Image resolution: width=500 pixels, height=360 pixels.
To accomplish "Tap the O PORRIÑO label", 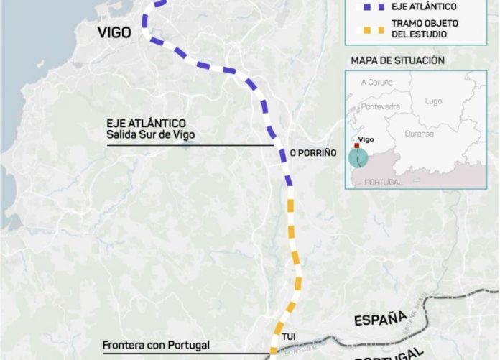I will (312, 153).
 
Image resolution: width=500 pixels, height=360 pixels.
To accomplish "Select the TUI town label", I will (289, 336).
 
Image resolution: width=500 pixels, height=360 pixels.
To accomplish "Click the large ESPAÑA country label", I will (380, 319).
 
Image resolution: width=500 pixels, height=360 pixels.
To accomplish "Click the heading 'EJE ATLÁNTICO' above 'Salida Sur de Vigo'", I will (146, 124).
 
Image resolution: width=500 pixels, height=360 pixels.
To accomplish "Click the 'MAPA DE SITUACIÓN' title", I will (397, 60).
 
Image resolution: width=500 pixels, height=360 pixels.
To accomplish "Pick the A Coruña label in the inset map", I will (377, 83).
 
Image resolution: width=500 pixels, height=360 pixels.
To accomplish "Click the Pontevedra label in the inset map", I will (380, 106).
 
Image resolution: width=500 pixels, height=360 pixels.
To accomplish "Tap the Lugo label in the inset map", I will (433, 101).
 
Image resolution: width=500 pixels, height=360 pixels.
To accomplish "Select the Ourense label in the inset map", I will (419, 134).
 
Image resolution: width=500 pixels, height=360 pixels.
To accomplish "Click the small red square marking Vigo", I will (357, 145).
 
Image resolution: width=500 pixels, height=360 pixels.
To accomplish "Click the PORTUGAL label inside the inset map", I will (383, 182).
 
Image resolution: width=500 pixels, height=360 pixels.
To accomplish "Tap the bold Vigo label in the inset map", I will (366, 139).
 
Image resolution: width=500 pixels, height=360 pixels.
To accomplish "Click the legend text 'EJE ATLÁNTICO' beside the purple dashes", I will (424, 6).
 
